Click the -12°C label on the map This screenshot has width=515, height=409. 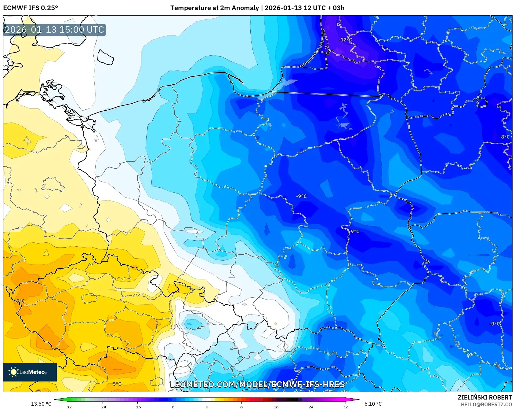click(345, 40)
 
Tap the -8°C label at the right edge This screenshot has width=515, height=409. click(504, 137)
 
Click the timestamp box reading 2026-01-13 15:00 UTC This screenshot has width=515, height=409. click(54, 30)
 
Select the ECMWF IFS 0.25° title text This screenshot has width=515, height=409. click(31, 8)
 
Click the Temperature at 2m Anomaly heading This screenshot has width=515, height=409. click(257, 8)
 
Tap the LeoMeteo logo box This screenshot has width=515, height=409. click(30, 372)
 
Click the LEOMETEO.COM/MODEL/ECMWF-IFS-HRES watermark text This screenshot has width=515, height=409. click(257, 384)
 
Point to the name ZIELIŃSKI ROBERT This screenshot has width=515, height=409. click(484, 397)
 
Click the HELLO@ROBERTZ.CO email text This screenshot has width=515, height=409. click(486, 404)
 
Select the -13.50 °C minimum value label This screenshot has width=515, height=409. click(40, 404)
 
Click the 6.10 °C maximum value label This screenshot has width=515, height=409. click(373, 404)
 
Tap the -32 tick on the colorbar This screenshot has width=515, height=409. click(68, 407)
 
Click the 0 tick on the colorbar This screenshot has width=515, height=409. click(207, 407)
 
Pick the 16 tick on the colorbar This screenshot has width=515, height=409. click(276, 407)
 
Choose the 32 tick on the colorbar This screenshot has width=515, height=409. click(345, 407)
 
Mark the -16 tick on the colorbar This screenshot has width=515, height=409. click(137, 407)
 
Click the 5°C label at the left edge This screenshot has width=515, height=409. click(20, 301)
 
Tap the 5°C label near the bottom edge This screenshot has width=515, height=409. click(117, 384)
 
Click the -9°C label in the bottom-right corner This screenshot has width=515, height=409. click(495, 324)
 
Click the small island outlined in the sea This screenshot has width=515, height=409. click(105, 57)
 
